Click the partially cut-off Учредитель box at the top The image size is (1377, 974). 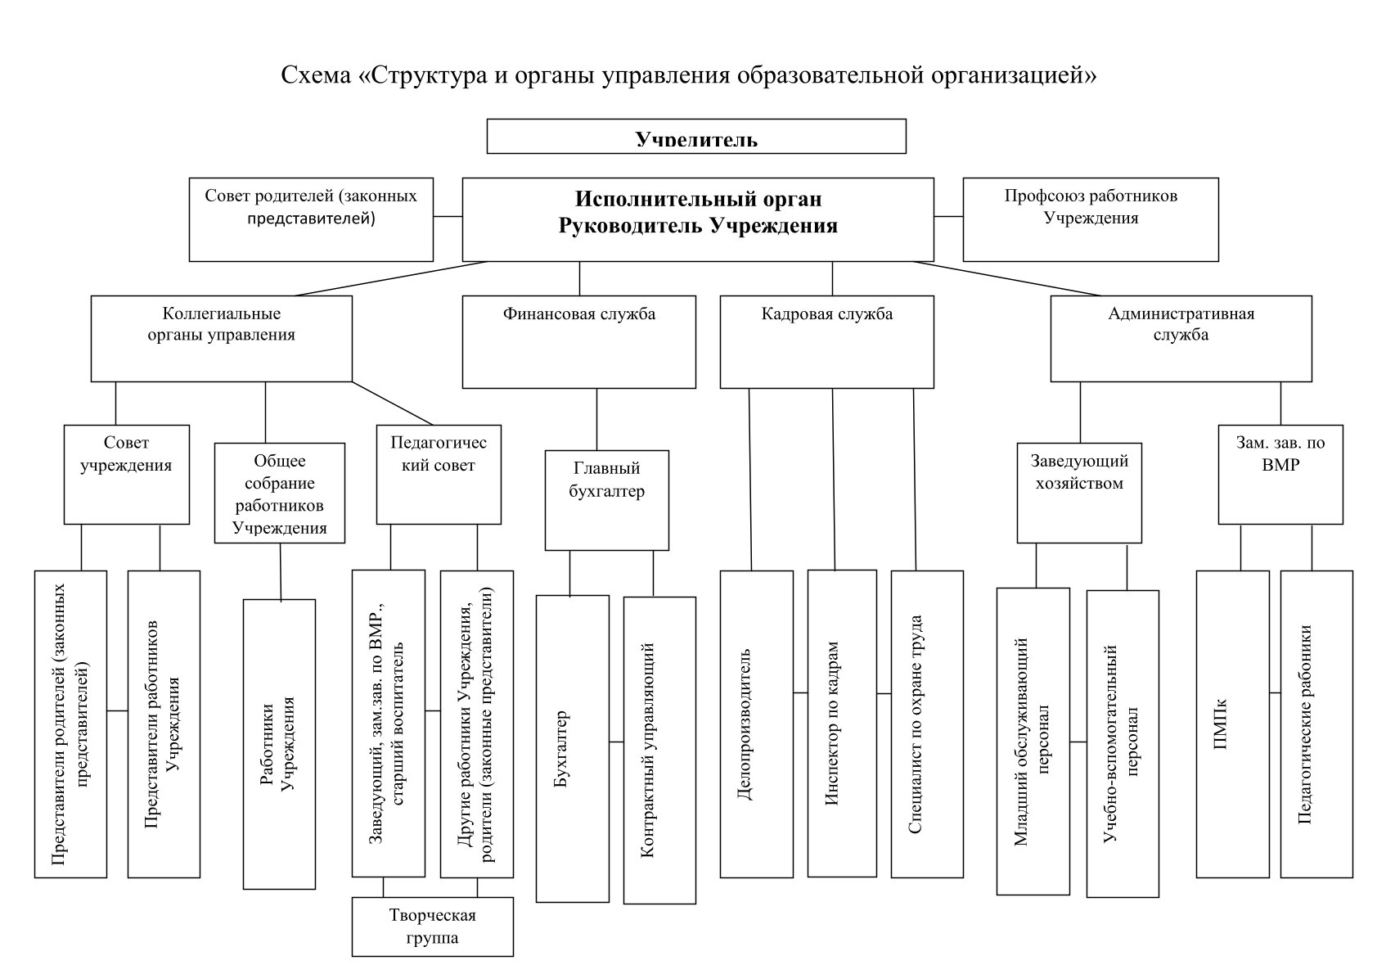tap(696, 136)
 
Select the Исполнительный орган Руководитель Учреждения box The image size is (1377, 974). tap(698, 219)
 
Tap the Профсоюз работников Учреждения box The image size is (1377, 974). tap(1090, 219)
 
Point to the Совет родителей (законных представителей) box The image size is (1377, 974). tap(311, 219)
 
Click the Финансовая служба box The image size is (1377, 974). tap(579, 341)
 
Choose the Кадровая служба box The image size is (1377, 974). tap(826, 341)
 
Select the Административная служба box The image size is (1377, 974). tap(1181, 338)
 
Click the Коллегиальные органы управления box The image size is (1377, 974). tap(221, 338)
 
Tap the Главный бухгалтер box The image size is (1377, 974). tap(606, 499)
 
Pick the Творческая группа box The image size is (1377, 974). tap(432, 927)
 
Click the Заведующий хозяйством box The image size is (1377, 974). tap(1079, 493)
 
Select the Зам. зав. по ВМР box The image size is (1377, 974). tap(1280, 474)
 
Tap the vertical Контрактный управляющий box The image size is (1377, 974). tap(659, 750)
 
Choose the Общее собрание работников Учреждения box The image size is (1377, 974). tap(279, 493)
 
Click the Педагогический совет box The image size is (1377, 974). tap(438, 474)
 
